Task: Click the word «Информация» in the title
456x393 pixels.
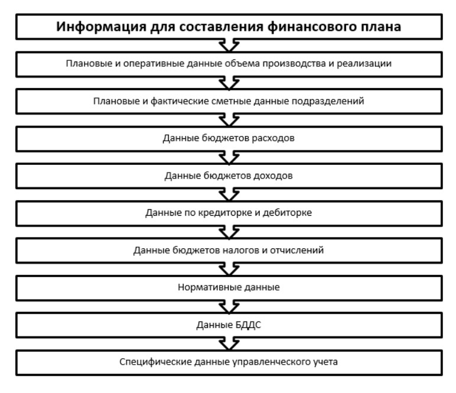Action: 93,27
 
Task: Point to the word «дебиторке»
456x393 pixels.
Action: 292,213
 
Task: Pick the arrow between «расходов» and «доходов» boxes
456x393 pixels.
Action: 228,157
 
